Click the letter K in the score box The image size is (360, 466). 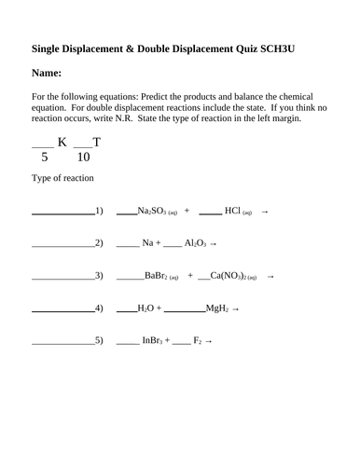point(62,142)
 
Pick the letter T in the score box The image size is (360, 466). point(95,142)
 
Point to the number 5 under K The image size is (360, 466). point(44,158)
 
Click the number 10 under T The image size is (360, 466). point(84,158)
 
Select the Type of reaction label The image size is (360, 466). point(62,178)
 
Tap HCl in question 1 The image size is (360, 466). point(233,212)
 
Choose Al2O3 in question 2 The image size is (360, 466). point(195,243)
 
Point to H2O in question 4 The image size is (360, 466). point(145,308)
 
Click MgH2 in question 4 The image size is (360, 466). point(216,308)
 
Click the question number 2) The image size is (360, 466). point(99,243)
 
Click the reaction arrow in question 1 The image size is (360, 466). point(265,212)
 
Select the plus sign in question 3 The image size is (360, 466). point(190,276)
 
